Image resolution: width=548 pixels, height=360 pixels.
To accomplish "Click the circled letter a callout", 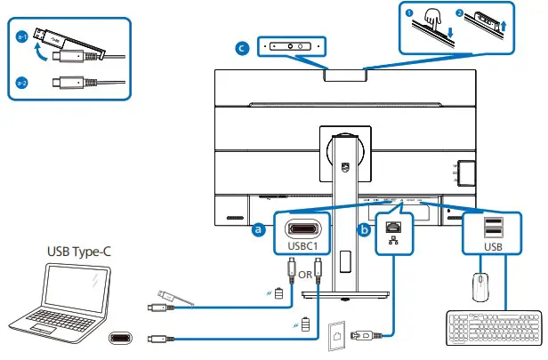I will point(259,229).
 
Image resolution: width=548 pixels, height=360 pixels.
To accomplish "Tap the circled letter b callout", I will point(364,229).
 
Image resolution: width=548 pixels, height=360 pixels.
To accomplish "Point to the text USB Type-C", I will point(80,253).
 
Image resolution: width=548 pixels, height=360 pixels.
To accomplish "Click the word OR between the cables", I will point(305,274).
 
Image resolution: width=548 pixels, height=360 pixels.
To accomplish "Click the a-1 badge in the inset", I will point(21,36).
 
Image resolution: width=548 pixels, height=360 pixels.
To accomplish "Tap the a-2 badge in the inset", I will point(21,84).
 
